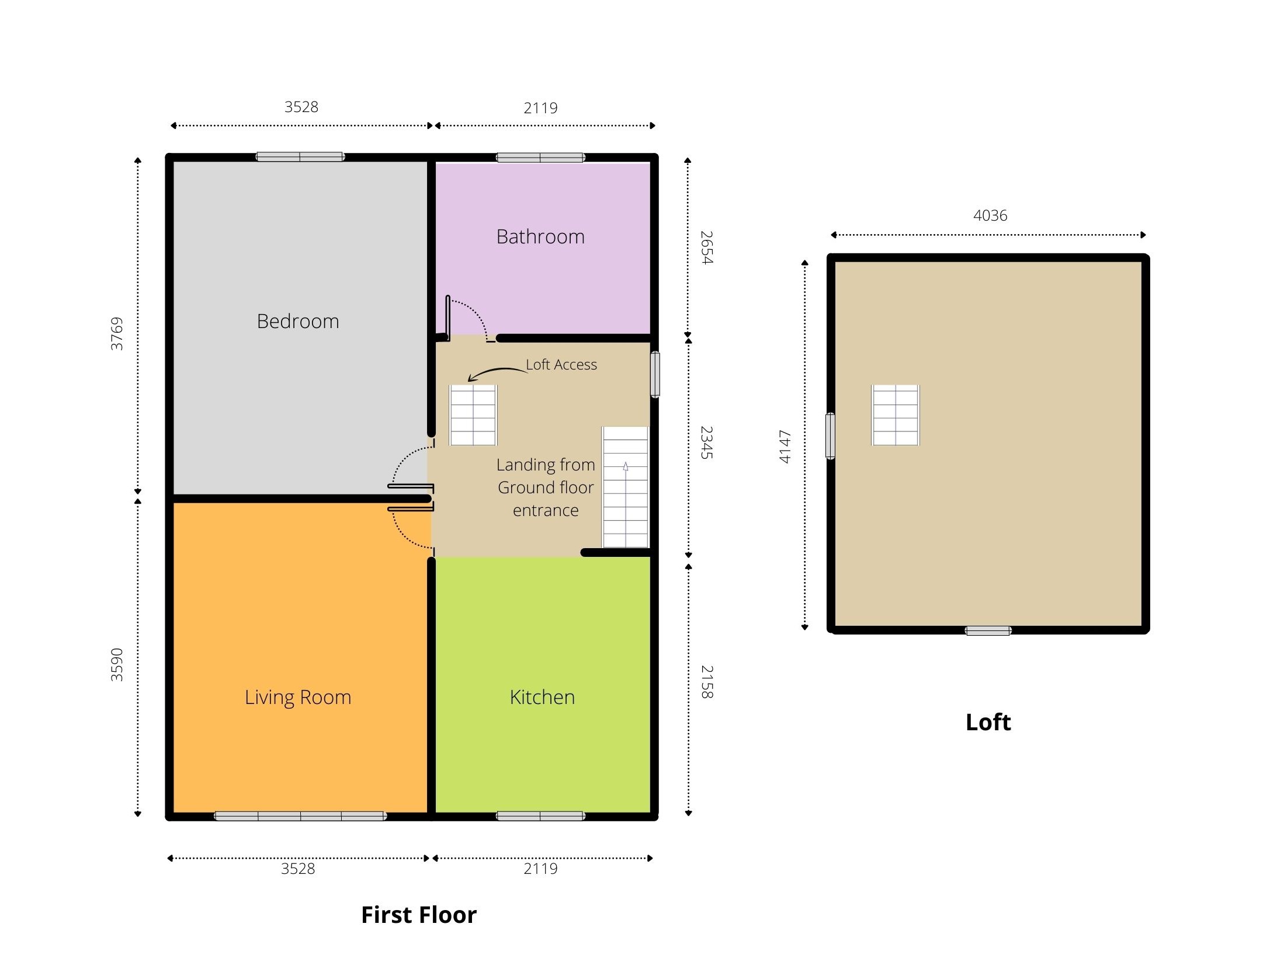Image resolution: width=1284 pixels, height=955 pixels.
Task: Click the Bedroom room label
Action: tap(298, 321)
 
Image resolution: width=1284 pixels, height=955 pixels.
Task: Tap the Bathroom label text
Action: tap(540, 236)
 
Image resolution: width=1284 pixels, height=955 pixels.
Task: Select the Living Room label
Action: tap(298, 698)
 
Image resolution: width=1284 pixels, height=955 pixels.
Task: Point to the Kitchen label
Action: tap(542, 697)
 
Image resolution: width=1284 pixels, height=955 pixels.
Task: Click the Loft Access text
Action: tap(561, 365)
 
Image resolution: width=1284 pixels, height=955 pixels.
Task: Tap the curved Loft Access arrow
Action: tap(497, 372)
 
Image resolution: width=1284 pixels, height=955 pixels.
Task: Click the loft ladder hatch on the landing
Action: tap(473, 415)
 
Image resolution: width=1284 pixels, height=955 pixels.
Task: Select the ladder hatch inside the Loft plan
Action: tap(896, 415)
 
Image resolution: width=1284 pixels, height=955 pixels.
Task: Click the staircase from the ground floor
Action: tap(626, 487)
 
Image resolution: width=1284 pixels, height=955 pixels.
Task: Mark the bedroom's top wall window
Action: tap(300, 156)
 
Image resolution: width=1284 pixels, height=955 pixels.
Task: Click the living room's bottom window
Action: tap(300, 816)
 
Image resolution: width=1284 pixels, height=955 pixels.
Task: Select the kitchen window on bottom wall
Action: tap(540, 816)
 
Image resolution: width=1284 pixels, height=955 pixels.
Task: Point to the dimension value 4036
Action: tap(990, 215)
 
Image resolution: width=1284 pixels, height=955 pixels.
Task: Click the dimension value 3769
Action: tap(117, 334)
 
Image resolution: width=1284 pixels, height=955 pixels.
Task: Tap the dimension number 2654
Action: tap(707, 248)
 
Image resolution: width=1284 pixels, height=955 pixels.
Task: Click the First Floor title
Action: tap(419, 915)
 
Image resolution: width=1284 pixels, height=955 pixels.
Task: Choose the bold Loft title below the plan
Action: tap(988, 722)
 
